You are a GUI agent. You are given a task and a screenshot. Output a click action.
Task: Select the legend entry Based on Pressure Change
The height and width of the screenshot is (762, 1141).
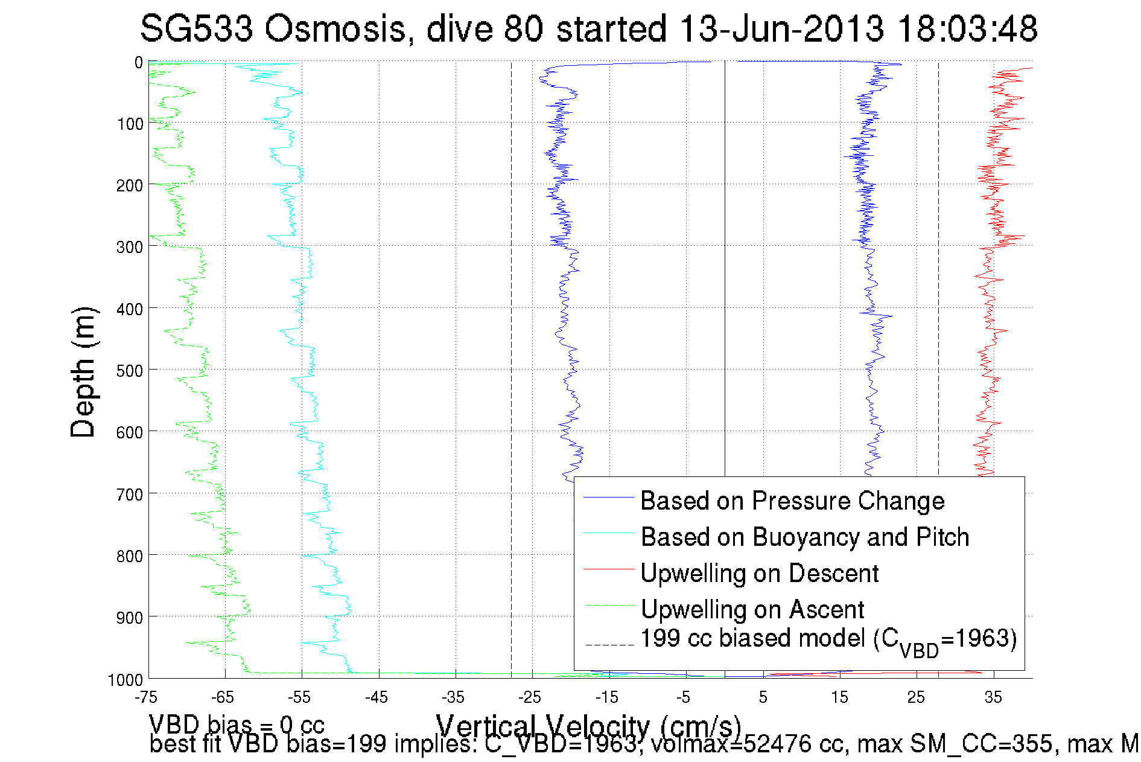(792, 501)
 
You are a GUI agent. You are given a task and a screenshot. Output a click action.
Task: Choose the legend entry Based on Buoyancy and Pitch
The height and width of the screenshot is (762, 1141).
(804, 537)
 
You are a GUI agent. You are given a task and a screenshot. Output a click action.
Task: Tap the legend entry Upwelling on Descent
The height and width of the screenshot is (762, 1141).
(759, 574)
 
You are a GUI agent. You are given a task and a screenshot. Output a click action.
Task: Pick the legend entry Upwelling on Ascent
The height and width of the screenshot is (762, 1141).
(752, 610)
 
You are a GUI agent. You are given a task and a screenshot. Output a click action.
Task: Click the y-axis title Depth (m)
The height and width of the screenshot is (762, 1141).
(83, 372)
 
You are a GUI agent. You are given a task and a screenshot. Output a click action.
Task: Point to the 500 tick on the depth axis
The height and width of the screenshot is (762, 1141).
(130, 371)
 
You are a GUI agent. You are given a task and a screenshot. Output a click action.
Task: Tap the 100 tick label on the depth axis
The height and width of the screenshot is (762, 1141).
(130, 124)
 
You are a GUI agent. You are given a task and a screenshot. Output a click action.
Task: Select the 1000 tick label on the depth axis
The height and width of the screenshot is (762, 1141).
(126, 680)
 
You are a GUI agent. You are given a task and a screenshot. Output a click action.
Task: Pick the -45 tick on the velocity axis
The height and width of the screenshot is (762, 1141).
(376, 698)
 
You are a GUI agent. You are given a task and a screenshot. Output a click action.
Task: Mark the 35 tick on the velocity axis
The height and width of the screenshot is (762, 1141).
(993, 698)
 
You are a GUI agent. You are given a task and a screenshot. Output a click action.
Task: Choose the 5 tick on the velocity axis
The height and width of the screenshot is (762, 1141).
(763, 698)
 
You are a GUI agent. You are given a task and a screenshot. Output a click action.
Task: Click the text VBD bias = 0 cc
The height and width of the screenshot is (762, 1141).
(237, 724)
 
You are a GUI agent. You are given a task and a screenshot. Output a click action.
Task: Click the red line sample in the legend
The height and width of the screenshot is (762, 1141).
(609, 569)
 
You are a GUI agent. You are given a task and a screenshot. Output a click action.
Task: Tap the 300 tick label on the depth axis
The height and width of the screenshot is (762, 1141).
(130, 248)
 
